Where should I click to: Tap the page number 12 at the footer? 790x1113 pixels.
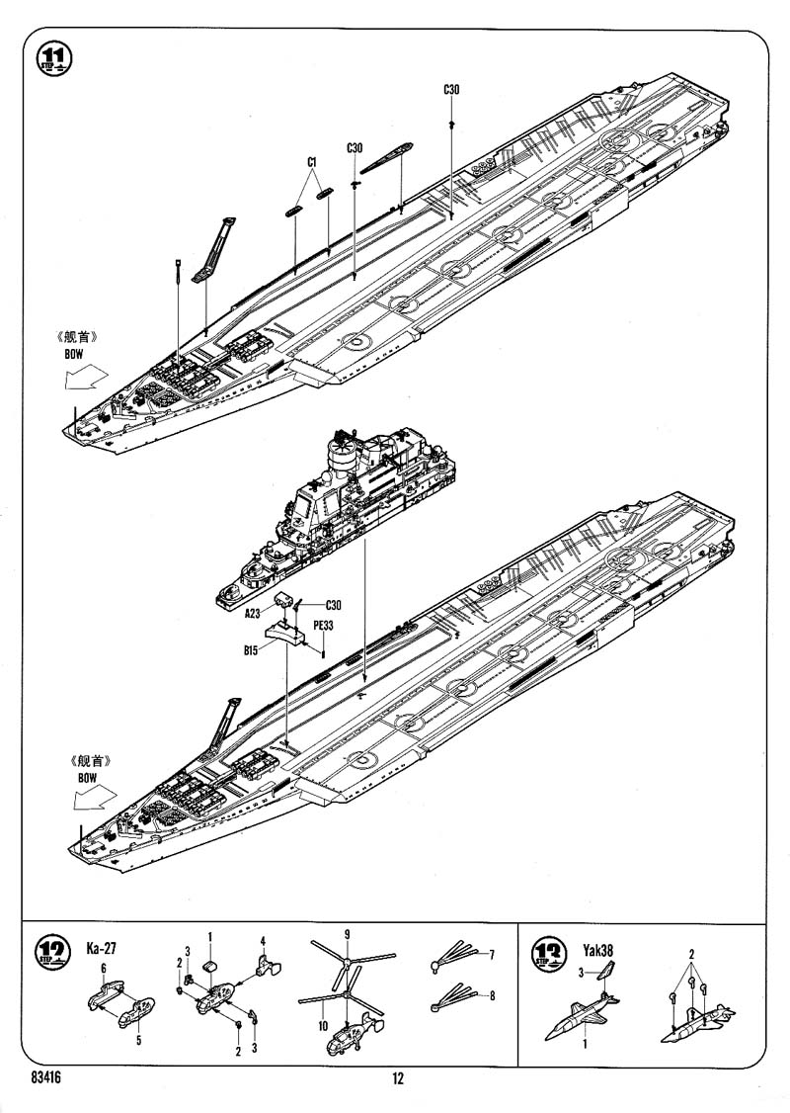click(x=397, y=1079)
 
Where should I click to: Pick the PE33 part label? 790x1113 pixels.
click(x=324, y=625)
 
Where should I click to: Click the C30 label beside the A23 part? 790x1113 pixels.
click(x=332, y=605)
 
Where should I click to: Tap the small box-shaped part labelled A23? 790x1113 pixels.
click(x=284, y=599)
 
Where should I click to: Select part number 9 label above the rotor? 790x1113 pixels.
click(x=347, y=934)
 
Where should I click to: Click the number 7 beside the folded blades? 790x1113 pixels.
click(x=491, y=954)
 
